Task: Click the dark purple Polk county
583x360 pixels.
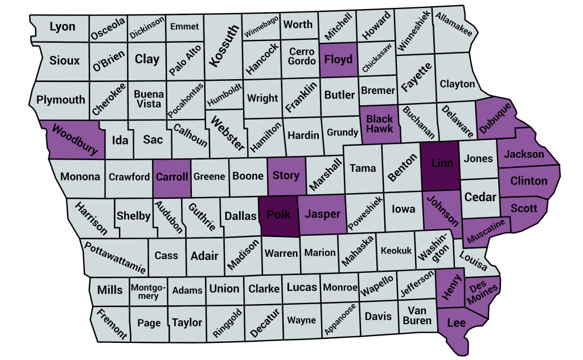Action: [x=279, y=215]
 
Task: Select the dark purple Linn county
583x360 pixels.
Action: [x=442, y=164]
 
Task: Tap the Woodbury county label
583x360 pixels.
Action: [x=75, y=140]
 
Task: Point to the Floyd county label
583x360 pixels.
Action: [x=339, y=59]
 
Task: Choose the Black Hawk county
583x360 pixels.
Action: [x=379, y=124]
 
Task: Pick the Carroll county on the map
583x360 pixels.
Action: [x=171, y=177]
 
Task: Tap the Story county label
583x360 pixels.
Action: [x=286, y=175]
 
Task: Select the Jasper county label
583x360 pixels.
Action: [x=322, y=214]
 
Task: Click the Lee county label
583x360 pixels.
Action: [x=457, y=323]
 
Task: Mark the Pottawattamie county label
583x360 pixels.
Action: [x=115, y=257]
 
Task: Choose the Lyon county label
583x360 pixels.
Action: [x=63, y=26]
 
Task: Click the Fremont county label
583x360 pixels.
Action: [x=111, y=324]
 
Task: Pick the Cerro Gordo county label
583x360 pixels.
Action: [x=302, y=56]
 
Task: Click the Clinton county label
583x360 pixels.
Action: [x=529, y=181]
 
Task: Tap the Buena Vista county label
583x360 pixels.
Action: [x=149, y=99]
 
